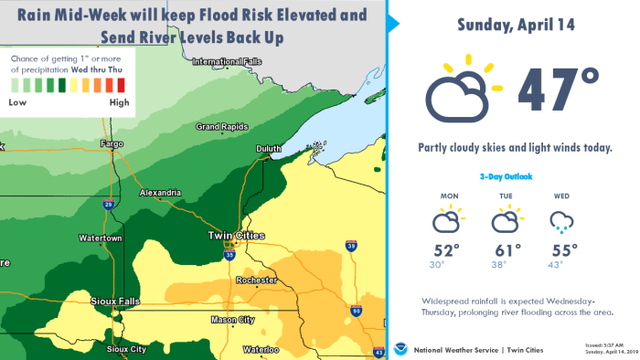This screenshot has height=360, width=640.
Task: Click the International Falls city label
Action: pos(221,62)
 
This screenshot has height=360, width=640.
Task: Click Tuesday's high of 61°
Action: pos(506,249)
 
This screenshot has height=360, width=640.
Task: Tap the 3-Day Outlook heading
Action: pos(505,176)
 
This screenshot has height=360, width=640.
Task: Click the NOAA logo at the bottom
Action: pos(400,348)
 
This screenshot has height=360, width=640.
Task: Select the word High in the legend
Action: pos(119,102)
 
